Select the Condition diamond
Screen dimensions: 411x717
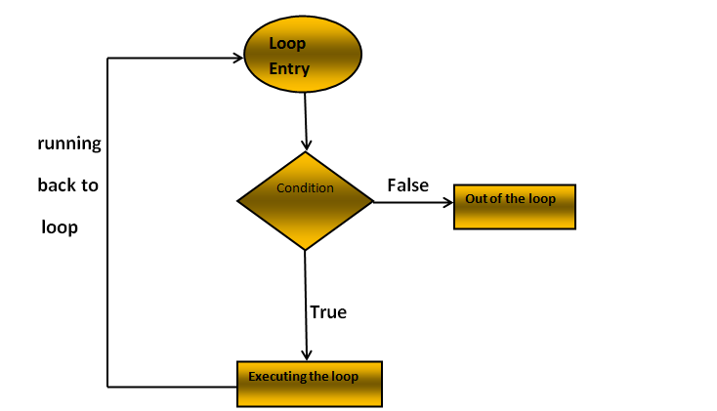[x=305, y=201]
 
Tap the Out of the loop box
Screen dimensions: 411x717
[x=514, y=205]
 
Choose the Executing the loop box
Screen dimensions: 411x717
[x=309, y=384]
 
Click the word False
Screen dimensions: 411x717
[x=407, y=185]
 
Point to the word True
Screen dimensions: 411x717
[x=328, y=312]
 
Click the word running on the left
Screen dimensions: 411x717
[x=69, y=144]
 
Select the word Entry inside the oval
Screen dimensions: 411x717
[x=289, y=69]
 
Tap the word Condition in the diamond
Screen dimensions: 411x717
[x=305, y=187]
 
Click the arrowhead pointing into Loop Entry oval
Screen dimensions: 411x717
[x=236, y=58]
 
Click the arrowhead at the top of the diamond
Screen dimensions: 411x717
[x=307, y=145]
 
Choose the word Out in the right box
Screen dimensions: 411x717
[x=476, y=199]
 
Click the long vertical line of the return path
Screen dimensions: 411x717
[x=107, y=225]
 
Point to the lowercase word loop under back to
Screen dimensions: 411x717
[x=60, y=227]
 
